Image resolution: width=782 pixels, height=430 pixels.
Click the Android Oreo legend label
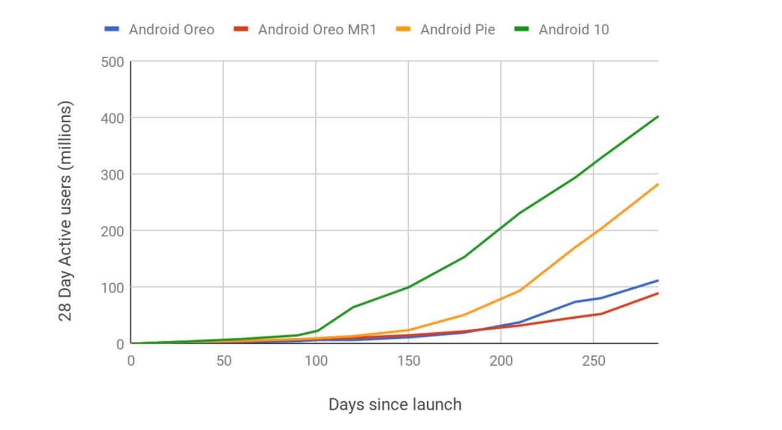click(x=171, y=29)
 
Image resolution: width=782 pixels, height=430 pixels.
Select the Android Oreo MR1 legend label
click(x=316, y=29)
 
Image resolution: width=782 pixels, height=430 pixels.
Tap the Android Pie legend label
click(x=458, y=29)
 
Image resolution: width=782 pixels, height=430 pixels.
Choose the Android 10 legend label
click(x=574, y=29)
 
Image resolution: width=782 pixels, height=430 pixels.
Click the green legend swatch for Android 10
click(x=525, y=29)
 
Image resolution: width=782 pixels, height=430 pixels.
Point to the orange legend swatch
click(x=407, y=29)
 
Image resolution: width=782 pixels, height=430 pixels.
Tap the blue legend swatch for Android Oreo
click(x=112, y=29)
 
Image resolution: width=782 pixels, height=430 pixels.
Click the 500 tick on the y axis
click(x=112, y=62)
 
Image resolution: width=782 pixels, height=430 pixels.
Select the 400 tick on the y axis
click(x=112, y=118)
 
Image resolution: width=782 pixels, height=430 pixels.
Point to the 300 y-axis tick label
click(x=112, y=174)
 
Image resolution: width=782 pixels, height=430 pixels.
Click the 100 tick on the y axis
click(x=112, y=287)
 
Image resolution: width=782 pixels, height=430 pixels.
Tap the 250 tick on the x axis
click(x=593, y=361)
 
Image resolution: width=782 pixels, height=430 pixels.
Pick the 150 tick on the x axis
click(x=408, y=361)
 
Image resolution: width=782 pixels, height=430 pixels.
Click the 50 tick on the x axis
click(x=224, y=361)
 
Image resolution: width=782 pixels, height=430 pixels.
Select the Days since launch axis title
click(x=395, y=404)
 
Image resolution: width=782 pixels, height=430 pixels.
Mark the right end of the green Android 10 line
click(x=657, y=116)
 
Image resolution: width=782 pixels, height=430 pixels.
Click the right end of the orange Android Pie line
click(x=657, y=184)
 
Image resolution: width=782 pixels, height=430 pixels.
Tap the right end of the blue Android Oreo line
click(x=657, y=281)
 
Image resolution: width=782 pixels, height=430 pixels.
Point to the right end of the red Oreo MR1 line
click(x=657, y=294)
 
